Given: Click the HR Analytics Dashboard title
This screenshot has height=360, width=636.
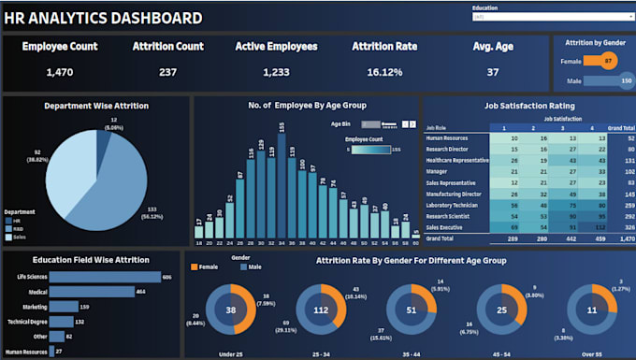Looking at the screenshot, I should tap(103, 18).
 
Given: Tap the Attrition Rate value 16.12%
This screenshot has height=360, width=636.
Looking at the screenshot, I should tap(383, 71).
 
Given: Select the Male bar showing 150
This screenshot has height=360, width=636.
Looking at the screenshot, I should tap(614, 80).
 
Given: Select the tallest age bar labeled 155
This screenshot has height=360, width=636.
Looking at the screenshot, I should tap(281, 177).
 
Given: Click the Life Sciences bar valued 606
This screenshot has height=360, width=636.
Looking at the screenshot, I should tap(103, 277).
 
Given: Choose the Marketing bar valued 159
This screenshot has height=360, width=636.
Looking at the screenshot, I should tap(63, 306).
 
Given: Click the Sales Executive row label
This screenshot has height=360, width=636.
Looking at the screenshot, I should tap(446, 227).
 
